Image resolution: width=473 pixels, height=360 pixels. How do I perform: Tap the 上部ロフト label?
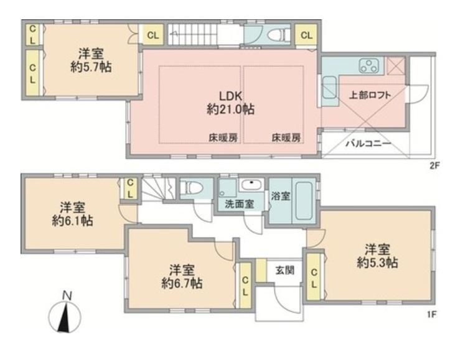pos(370,95)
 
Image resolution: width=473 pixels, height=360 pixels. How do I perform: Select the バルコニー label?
pos(368,144)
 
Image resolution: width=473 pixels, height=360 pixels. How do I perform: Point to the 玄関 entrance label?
pos(285,270)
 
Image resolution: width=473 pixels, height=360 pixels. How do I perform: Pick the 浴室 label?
pos(280,196)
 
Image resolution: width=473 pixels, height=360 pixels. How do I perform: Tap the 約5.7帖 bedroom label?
pos(91,61)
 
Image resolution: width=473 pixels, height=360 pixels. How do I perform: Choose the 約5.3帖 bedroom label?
pos(378,256)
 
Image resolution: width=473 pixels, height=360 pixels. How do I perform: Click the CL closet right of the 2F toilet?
pos(306,35)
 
